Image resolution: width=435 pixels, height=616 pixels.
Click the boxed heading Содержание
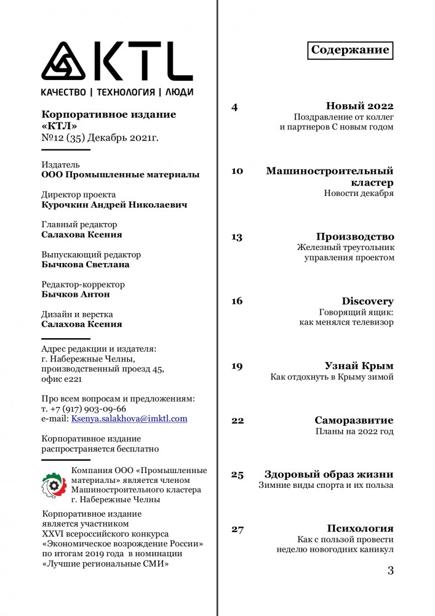click(x=349, y=50)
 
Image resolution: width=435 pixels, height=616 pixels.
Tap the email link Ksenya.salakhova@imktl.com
click(x=129, y=418)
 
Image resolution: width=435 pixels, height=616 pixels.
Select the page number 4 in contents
click(x=234, y=107)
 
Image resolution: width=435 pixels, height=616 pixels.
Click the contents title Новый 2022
click(x=359, y=106)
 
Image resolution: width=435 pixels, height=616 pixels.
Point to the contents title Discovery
click(x=367, y=301)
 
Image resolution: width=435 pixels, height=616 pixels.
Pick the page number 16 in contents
click(x=237, y=301)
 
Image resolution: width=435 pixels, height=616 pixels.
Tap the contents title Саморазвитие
click(x=354, y=421)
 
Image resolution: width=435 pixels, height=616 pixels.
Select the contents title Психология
click(x=360, y=529)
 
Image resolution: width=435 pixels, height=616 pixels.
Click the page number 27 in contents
click(x=237, y=529)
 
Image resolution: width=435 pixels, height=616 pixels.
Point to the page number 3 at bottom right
click(x=390, y=570)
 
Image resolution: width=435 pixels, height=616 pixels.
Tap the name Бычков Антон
click(x=75, y=294)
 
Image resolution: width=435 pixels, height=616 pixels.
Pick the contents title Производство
click(x=355, y=237)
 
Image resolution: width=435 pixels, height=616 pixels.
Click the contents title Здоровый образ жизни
click(x=329, y=474)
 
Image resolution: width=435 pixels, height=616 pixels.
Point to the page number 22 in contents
click(x=237, y=421)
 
